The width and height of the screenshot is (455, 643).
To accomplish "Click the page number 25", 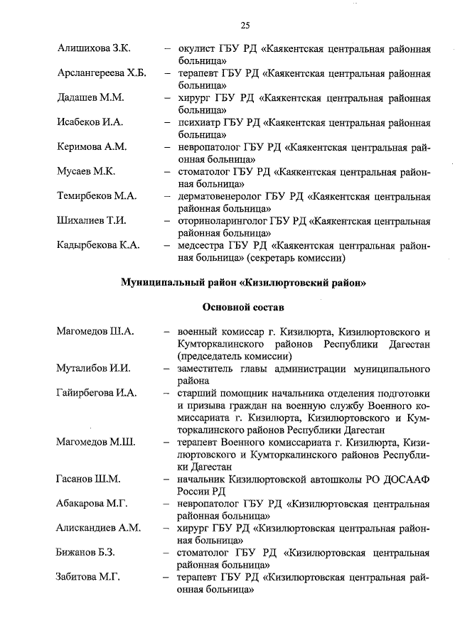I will point(245,26).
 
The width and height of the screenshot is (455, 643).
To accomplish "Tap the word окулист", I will point(198,49).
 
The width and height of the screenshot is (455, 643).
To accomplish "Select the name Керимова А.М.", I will point(92,147).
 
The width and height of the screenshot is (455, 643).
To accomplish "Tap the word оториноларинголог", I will point(224,221).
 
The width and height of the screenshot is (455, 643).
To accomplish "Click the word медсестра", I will point(203,246).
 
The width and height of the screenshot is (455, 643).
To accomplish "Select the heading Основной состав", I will point(242,308).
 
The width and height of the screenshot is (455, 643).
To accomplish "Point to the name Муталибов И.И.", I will point(93,369).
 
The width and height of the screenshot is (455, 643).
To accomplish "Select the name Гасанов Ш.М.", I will point(88,479).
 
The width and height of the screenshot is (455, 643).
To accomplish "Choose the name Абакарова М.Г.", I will point(92,504).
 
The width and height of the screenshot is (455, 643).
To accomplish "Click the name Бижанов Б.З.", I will point(86,553).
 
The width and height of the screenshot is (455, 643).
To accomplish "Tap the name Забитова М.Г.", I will point(89,577).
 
